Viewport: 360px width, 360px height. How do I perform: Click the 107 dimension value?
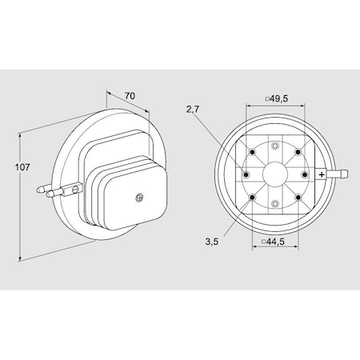click(22, 168)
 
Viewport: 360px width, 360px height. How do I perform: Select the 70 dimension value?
click(130, 96)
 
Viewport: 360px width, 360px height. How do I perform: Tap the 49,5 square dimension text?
click(277, 98)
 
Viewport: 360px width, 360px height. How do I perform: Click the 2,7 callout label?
click(193, 109)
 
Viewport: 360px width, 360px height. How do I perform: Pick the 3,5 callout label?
click(212, 242)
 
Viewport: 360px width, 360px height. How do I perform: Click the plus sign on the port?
click(322, 174)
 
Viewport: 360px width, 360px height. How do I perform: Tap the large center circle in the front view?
click(275, 174)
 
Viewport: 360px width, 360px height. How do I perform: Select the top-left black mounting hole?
click(252, 152)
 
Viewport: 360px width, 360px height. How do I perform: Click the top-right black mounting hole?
click(298, 152)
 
